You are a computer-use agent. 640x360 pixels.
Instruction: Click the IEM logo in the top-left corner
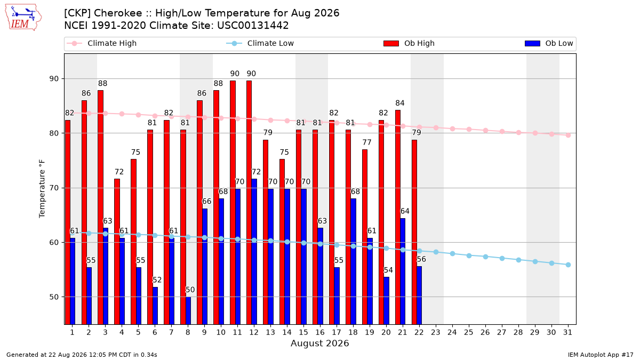pyautogui.click(x=23, y=18)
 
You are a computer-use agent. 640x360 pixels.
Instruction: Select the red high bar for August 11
pyautogui.click(x=233, y=203)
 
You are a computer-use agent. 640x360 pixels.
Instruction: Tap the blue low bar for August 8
pyautogui.click(x=188, y=310)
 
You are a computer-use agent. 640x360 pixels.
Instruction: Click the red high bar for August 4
pyautogui.click(x=117, y=252)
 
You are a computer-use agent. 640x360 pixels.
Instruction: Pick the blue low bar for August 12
pyautogui.click(x=254, y=252)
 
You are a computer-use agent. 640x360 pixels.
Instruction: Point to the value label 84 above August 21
pyautogui.click(x=399, y=103)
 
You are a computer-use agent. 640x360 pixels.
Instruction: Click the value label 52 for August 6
pyautogui.click(x=157, y=280)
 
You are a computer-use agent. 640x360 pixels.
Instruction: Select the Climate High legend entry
pyautogui.click(x=101, y=43)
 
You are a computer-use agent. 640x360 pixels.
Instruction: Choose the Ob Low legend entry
pyautogui.click(x=549, y=43)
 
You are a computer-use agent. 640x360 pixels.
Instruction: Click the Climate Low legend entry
pyautogui.click(x=260, y=43)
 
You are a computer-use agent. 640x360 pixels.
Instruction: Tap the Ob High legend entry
pyautogui.click(x=409, y=43)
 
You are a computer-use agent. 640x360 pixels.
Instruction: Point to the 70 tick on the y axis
pyautogui.click(x=54, y=188)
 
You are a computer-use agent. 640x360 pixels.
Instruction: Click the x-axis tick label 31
pyautogui.click(x=567, y=332)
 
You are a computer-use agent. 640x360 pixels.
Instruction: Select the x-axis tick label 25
pyautogui.click(x=469, y=332)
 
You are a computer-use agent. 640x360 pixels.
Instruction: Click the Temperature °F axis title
pyautogui.click(x=42, y=189)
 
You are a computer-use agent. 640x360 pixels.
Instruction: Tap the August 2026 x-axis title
pyautogui.click(x=319, y=343)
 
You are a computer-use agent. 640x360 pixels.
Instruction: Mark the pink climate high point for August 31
pyautogui.click(x=568, y=135)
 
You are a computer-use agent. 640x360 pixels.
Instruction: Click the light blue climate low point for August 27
pyautogui.click(x=502, y=258)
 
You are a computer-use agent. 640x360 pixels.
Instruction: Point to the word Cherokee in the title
pyautogui.click(x=118, y=13)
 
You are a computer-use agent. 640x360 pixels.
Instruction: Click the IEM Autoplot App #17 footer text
pyautogui.click(x=601, y=355)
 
